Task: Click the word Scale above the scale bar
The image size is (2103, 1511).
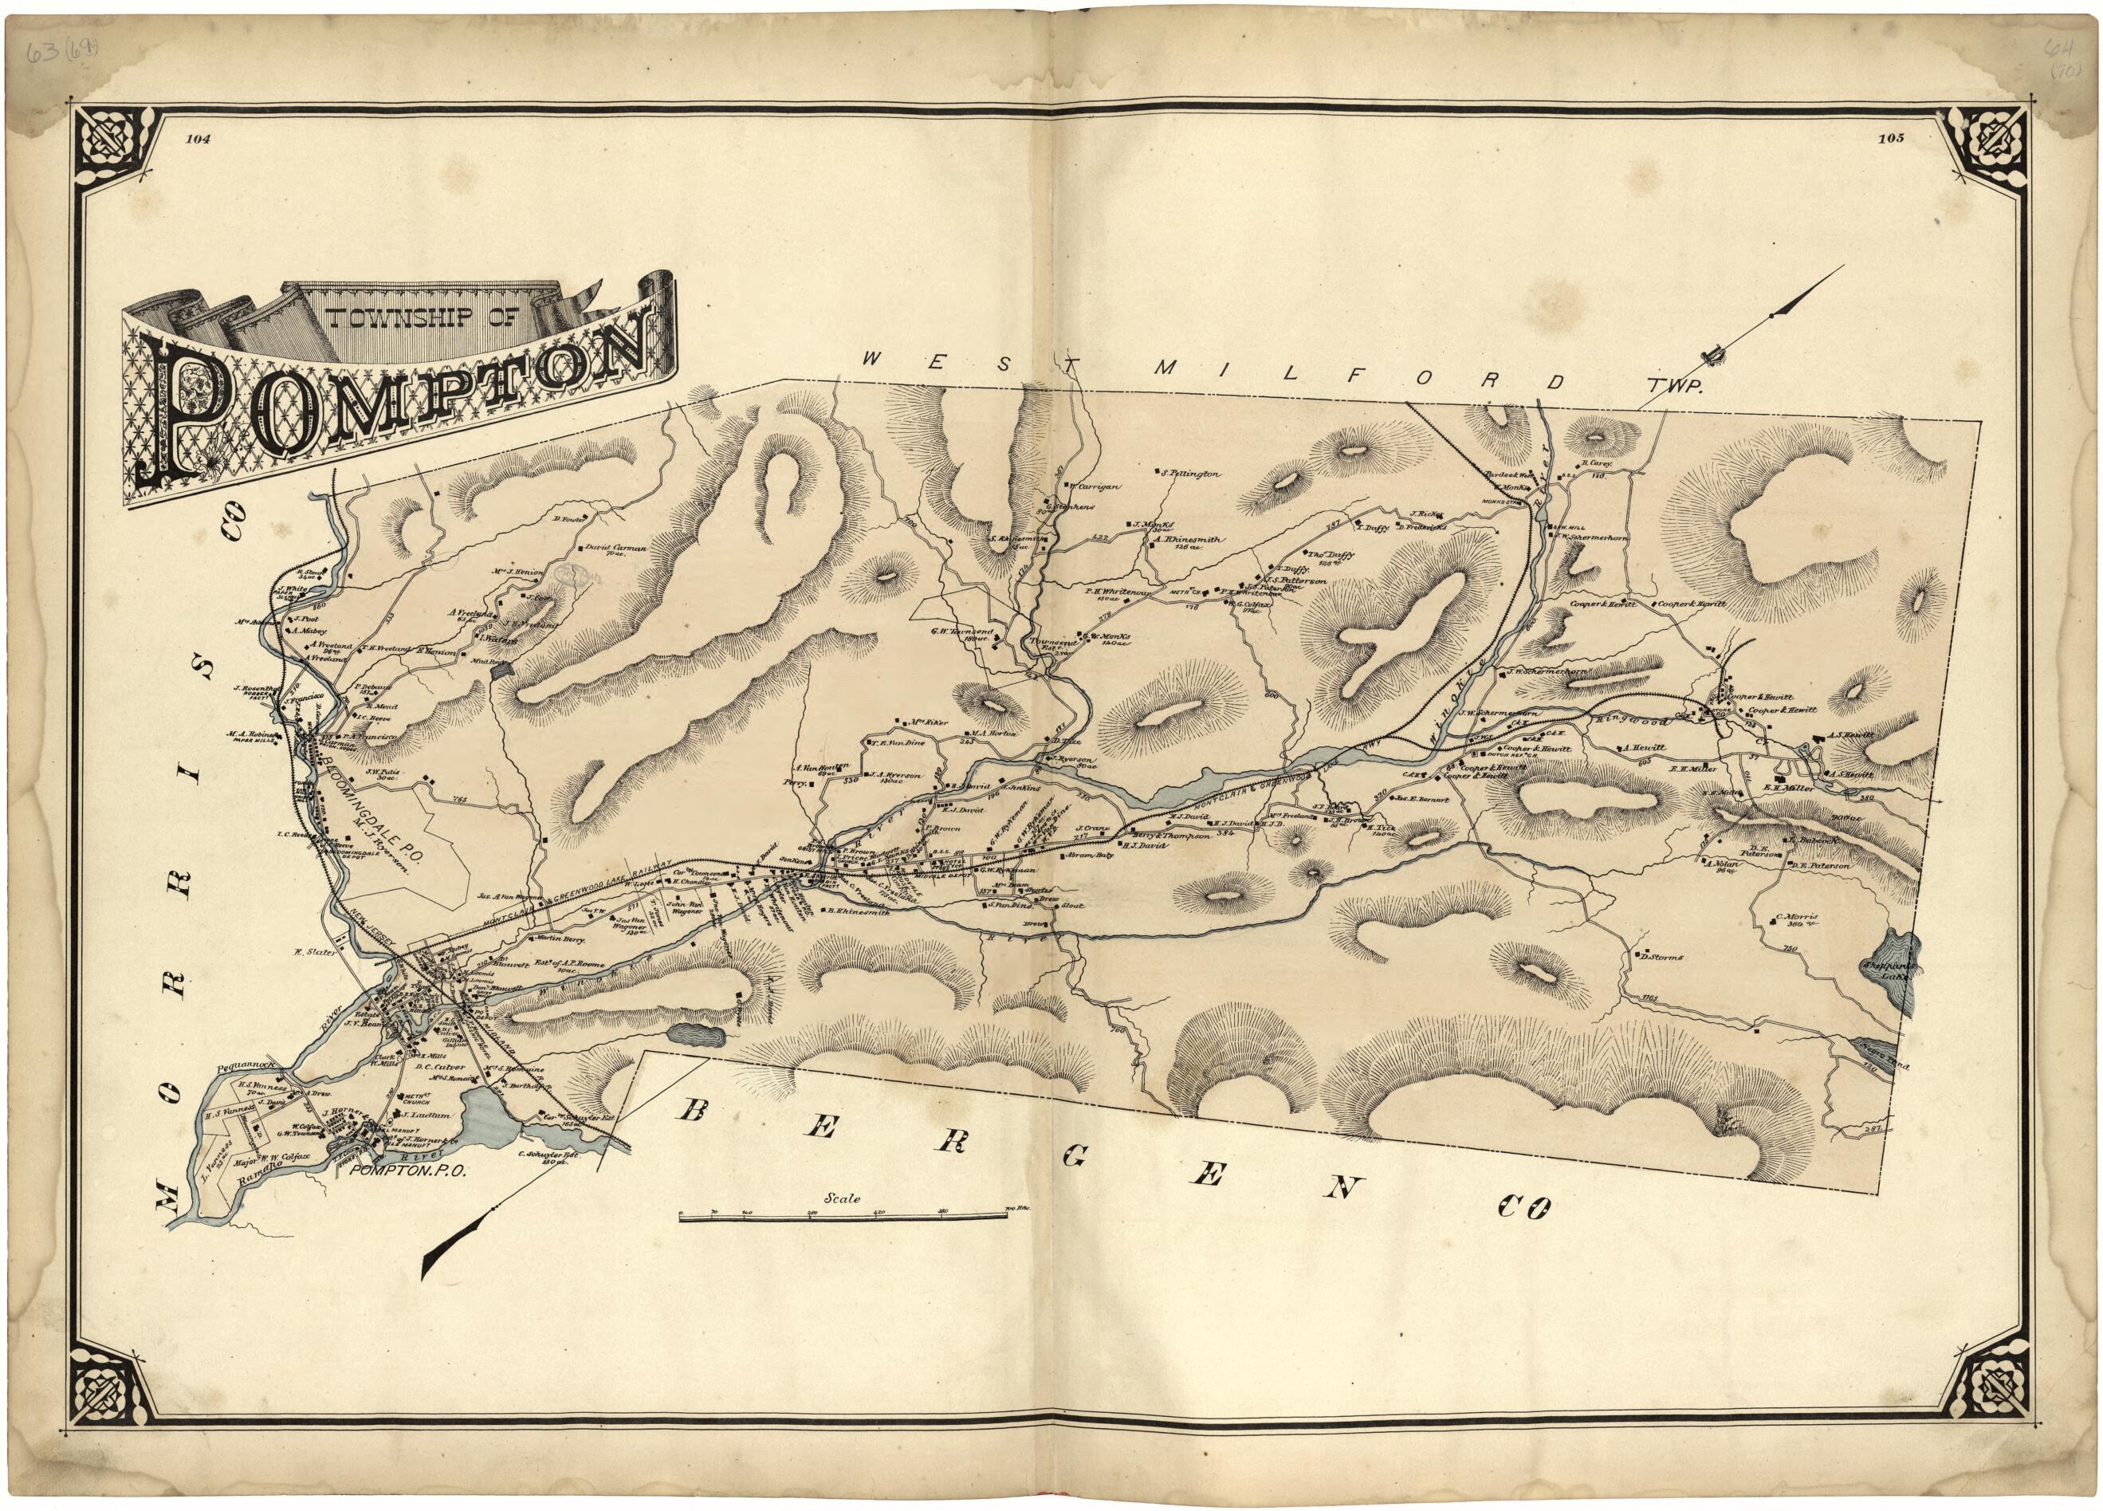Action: (845, 1198)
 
